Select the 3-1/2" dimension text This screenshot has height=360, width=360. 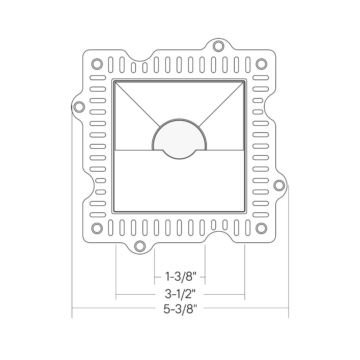click(180, 294)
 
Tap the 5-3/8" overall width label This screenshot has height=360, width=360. click(180, 308)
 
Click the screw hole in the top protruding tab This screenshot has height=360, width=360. click(218, 46)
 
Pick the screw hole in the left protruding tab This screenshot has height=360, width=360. click(79, 106)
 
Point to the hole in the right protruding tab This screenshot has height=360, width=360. click(279, 185)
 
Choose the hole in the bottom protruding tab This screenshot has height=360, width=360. click(139, 245)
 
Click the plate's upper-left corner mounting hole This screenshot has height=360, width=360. click(97, 64)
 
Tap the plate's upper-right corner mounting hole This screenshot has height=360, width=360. click(261, 64)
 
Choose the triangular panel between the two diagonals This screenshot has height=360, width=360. click(179, 99)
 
